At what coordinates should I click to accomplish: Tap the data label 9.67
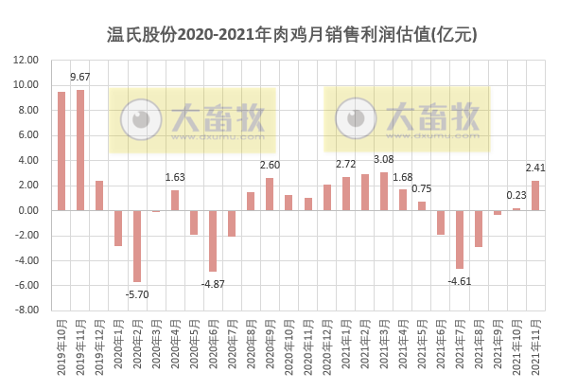[80, 77]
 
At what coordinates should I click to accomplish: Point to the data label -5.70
[137, 293]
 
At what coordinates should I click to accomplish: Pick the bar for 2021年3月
[384, 191]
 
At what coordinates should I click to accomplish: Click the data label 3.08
[384, 159]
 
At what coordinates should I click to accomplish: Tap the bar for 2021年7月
[460, 239]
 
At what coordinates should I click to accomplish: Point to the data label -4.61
[460, 281]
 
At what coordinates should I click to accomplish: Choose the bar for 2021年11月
[535, 195]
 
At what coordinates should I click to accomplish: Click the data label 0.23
[516, 195]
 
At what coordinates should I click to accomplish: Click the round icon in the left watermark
[141, 119]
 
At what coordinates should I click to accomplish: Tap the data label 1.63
[175, 177]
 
